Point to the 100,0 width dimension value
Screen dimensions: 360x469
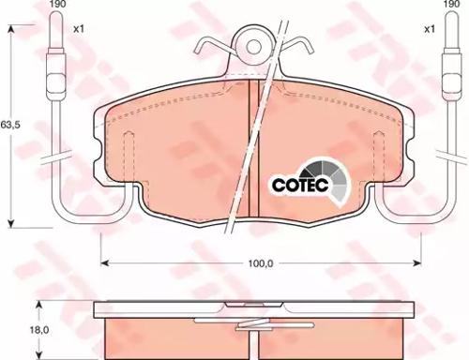(261, 263)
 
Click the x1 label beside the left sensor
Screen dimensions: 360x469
(79, 30)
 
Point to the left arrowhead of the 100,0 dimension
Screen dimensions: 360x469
(102, 263)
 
